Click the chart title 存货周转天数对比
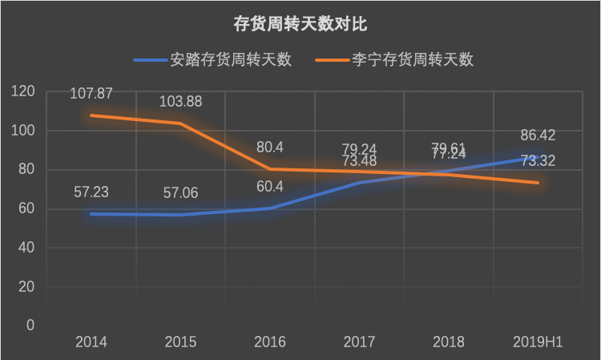[300, 23]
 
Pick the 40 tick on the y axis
[26, 248]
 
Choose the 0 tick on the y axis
[30, 326]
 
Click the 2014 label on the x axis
[91, 342]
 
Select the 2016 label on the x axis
[270, 342]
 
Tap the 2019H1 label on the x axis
[538, 342]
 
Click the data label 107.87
[91, 94]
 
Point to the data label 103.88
[181, 102]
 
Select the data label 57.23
[91, 192]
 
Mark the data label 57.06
[181, 193]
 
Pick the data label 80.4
[270, 148]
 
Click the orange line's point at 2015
[180, 123]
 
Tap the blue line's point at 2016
[270, 208]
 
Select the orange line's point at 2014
[91, 115]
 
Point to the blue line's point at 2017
[360, 182]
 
